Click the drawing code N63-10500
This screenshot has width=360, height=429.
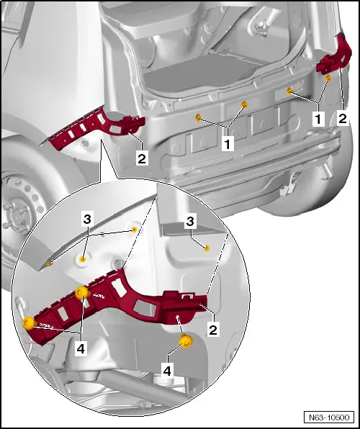point(329,417)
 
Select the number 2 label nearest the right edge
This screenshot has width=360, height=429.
point(343,119)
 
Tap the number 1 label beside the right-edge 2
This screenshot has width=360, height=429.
point(318,119)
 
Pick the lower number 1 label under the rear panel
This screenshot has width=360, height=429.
point(228,143)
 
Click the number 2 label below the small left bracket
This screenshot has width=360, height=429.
point(142,158)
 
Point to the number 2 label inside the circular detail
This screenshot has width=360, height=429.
point(213,329)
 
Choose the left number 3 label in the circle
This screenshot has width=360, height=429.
point(87,220)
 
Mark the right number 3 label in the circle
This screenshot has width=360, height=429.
point(191,222)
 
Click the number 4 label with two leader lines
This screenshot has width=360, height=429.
point(81,349)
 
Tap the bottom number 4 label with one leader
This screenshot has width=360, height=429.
point(167,371)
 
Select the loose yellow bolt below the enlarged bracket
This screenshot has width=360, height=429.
point(186,341)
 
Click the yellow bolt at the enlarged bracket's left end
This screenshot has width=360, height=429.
point(29,323)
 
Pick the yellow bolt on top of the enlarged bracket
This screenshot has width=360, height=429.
point(82,292)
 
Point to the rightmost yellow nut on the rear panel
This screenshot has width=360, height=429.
point(328,78)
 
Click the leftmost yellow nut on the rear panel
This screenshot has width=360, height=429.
point(198,118)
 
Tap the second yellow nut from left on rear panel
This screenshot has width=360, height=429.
point(245,104)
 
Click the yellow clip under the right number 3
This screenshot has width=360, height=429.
point(207,248)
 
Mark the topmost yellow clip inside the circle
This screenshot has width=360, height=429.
point(134,230)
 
